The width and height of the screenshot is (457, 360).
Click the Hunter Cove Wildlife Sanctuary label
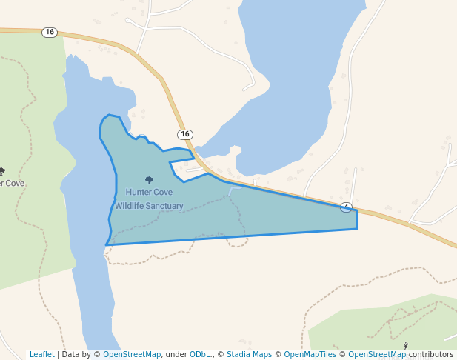[149, 199]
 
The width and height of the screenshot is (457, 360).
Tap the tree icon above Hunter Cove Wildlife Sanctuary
[149, 180]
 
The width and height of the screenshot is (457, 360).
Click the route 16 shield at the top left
[50, 32]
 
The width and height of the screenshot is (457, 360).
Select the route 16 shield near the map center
[184, 134]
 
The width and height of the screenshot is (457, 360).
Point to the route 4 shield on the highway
[346, 207]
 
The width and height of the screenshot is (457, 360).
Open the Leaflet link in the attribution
[41, 355]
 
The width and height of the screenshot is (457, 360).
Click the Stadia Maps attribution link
[249, 355]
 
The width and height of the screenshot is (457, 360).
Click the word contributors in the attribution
[430, 355]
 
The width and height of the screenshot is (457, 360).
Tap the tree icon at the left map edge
[1, 172]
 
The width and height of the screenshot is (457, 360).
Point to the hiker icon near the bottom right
[405, 345]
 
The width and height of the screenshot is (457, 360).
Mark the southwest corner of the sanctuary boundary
[107, 244]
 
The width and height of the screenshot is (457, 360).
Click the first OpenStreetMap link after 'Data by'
[132, 355]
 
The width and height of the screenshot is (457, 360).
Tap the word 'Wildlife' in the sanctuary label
[132, 206]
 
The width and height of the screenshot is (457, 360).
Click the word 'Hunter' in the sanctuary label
[138, 192]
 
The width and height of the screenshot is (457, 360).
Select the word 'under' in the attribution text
[176, 355]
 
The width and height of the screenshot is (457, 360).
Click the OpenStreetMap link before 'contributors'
[377, 355]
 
